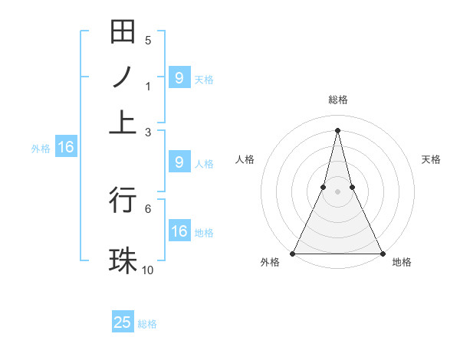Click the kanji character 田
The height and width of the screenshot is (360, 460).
(x=123, y=34)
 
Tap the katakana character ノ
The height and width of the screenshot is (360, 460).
(x=123, y=77)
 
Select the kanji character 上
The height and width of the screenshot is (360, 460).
(x=123, y=123)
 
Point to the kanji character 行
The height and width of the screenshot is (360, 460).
(x=123, y=199)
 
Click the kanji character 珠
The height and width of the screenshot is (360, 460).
(x=123, y=259)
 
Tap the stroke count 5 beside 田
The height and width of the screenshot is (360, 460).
(x=148, y=41)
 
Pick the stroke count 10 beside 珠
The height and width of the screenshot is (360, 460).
(x=148, y=269)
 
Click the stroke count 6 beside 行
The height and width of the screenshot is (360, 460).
(x=148, y=208)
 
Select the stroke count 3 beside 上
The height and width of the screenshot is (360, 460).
(x=148, y=132)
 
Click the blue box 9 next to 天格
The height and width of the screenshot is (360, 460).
(x=179, y=77)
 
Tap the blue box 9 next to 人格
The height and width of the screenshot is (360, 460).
(x=179, y=162)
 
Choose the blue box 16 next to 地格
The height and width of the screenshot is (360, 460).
(x=179, y=231)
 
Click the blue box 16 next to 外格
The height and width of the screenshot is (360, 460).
(x=65, y=147)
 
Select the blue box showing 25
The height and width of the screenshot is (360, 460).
(x=123, y=322)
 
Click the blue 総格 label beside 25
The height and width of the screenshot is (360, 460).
(x=147, y=324)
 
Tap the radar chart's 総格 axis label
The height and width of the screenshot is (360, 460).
(x=337, y=100)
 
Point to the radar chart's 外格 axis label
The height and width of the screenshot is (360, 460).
(x=270, y=263)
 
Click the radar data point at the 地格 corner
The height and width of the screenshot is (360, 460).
(x=382, y=253)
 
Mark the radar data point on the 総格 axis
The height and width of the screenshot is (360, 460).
(x=337, y=129)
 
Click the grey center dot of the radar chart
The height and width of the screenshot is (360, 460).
(x=337, y=191)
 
